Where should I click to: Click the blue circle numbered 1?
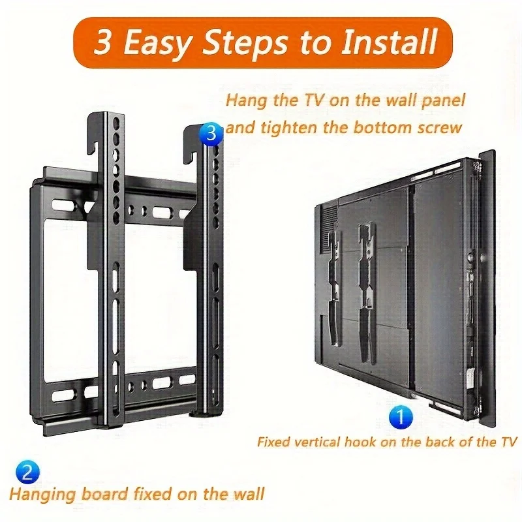click(401, 416)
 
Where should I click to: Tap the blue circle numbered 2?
click(27, 472)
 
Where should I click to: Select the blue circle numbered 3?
click(211, 134)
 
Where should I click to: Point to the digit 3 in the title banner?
click(102, 42)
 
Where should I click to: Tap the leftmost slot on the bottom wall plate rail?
click(63, 395)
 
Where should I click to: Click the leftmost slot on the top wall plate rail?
click(63, 205)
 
